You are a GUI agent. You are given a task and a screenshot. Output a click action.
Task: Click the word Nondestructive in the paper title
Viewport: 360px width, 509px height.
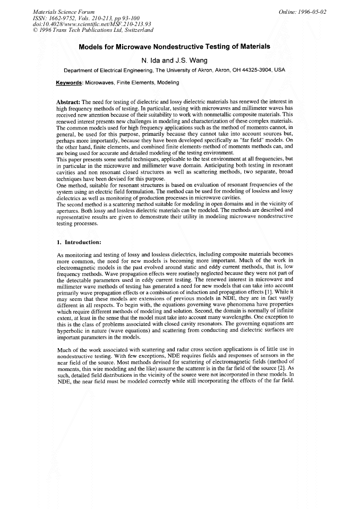[x=186, y=47]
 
